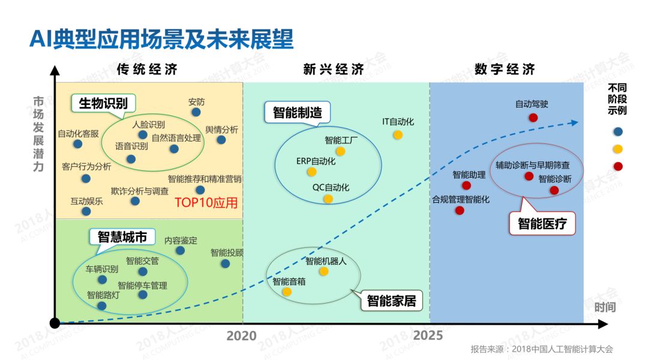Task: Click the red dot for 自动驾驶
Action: pyautogui.click(x=533, y=118)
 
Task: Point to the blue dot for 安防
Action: pyautogui.click(x=196, y=112)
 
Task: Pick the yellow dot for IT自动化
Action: pyautogui.click(x=398, y=135)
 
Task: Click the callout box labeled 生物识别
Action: pyautogui.click(x=103, y=103)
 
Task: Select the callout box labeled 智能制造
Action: pyautogui.click(x=297, y=112)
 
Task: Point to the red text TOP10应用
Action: pyautogui.click(x=206, y=203)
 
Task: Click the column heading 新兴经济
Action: pyautogui.click(x=334, y=70)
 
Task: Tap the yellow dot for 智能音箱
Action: pyautogui.click(x=287, y=292)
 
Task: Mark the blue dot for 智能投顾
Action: pyautogui.click(x=225, y=263)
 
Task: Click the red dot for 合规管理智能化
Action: pyautogui.click(x=460, y=211)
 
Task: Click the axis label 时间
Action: pyautogui.click(x=605, y=307)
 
